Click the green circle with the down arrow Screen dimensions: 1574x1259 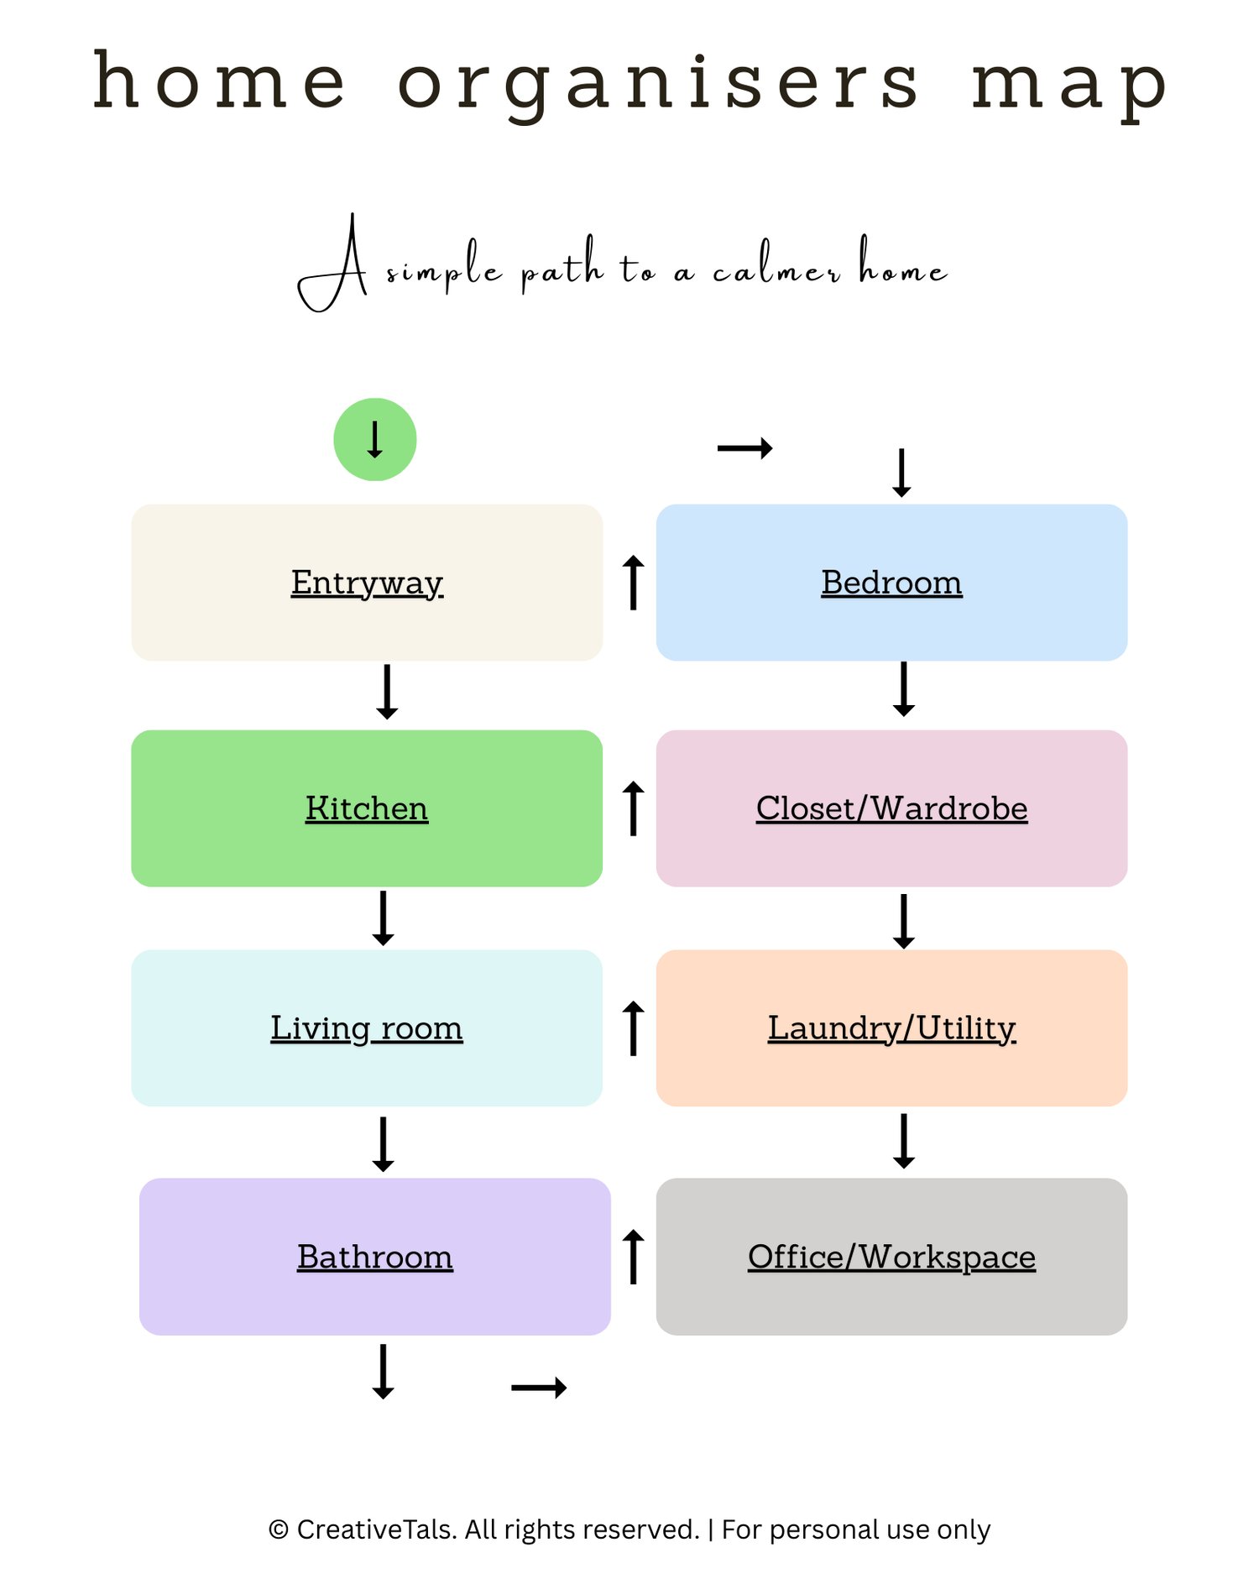point(374,439)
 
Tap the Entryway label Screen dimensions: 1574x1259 point(367,582)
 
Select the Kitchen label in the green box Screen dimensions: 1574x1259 point(367,808)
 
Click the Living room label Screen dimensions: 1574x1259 point(367,1028)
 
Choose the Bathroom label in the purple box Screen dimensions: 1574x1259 point(375,1256)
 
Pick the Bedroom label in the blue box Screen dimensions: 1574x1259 point(891,582)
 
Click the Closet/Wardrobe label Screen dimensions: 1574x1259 point(891,808)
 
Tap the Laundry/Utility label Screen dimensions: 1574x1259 point(891,1028)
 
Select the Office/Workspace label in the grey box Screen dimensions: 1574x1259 point(891,1256)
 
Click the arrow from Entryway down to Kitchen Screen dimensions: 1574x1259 point(387,692)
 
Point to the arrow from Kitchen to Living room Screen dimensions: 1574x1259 point(384,918)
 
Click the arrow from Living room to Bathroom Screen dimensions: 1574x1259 point(384,1143)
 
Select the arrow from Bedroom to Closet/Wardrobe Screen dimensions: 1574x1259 point(904,688)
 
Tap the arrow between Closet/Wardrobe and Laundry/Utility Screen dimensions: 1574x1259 point(904,921)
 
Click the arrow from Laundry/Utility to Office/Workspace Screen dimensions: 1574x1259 point(904,1141)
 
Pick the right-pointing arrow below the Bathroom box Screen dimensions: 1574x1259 point(539,1388)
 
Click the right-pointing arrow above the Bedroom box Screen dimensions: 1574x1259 point(744,448)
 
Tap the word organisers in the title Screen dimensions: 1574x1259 point(659,84)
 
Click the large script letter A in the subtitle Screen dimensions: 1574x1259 point(336,264)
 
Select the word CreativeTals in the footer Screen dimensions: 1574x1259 point(376,1530)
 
